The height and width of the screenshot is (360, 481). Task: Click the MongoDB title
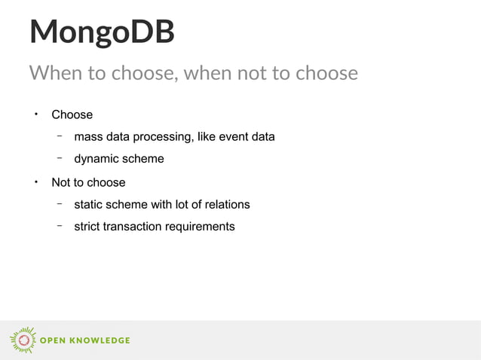pyautogui.click(x=102, y=32)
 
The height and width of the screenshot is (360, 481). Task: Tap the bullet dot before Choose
pyautogui.click(x=35, y=114)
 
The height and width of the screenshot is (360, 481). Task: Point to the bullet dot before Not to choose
pyautogui.click(x=35, y=182)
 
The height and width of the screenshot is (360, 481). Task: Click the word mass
pyautogui.click(x=88, y=137)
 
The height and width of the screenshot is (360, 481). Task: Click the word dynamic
pyautogui.click(x=97, y=160)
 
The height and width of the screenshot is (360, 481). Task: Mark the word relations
pyautogui.click(x=224, y=205)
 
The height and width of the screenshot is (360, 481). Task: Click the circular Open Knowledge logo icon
pyautogui.click(x=23, y=340)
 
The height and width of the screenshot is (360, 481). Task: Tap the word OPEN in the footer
pyautogui.click(x=53, y=340)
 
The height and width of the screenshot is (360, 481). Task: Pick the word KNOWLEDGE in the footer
pyautogui.click(x=100, y=340)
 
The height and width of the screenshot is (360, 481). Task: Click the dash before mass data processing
pyautogui.click(x=58, y=136)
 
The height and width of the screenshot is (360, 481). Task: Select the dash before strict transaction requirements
pyautogui.click(x=58, y=226)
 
